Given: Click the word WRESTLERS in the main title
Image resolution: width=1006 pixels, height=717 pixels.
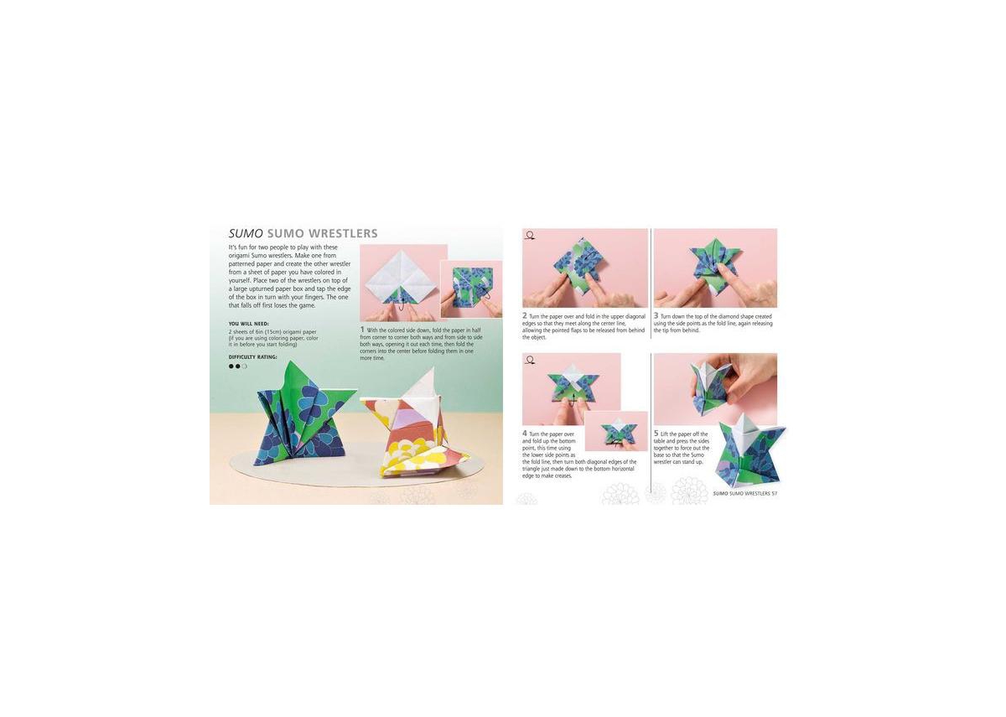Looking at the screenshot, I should (343, 234).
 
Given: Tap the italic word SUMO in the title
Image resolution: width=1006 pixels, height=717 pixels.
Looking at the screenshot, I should (246, 234).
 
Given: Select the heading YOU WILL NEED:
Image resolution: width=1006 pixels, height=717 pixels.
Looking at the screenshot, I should (249, 324).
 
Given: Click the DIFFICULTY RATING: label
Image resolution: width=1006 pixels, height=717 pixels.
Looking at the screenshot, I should (253, 356).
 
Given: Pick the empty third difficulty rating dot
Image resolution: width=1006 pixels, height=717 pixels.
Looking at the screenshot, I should (245, 366).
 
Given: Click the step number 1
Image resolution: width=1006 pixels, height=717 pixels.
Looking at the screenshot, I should (362, 330).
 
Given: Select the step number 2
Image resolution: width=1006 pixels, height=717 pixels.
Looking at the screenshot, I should (525, 316).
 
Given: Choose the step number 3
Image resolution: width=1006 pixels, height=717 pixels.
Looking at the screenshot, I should (656, 316).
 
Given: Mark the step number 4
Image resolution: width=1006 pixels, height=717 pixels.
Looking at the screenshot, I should (525, 434).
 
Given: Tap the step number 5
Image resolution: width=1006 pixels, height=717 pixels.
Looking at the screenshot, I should (656, 434).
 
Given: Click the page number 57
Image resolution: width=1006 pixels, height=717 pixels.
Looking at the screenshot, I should (775, 493).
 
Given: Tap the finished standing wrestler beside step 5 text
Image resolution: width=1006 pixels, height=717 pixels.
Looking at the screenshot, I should (749, 453).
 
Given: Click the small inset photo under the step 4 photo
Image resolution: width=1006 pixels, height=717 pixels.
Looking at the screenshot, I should (616, 432).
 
